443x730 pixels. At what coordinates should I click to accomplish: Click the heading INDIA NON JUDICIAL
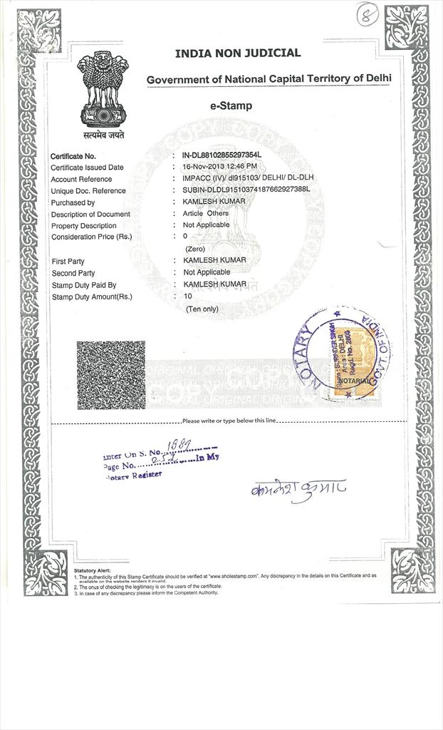click(238, 53)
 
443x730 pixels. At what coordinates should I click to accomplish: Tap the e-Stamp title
click(230, 106)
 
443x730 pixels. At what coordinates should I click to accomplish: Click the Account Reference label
click(81, 179)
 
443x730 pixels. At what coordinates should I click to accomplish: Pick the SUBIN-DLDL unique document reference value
click(246, 190)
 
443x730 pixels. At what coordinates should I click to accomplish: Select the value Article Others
click(206, 213)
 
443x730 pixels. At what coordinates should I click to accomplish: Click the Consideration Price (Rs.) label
click(91, 237)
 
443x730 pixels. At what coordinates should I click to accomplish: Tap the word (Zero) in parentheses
click(195, 248)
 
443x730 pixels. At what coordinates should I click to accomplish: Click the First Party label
click(68, 262)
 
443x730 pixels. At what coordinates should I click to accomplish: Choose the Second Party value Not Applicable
click(207, 272)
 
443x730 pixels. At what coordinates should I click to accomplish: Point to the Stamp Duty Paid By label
click(83, 285)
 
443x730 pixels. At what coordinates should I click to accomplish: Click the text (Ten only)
click(202, 309)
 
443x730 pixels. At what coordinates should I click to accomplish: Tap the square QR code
click(110, 375)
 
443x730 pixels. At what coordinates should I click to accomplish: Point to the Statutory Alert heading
click(93, 571)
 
